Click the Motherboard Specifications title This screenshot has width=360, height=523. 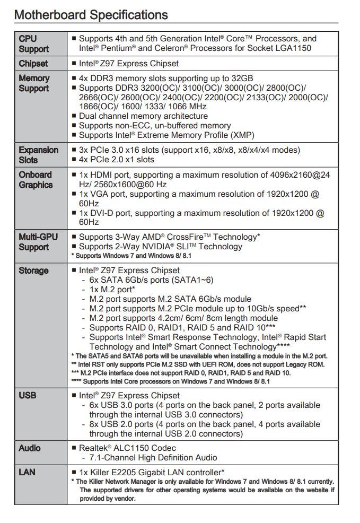coord(91,14)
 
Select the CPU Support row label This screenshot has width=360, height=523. coord(33,43)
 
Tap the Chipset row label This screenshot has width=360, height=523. coord(33,64)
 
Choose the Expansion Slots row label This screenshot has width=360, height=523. coord(38,155)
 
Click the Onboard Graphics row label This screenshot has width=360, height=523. coord(36,180)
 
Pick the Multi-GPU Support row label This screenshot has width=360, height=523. coord(38,242)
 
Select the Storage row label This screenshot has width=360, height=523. coord(33,271)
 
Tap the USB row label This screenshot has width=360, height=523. coord(27,395)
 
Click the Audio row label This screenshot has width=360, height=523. coord(30,448)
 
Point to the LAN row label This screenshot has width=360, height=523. coord(27,472)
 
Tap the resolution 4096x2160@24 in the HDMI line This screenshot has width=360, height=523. coord(298,175)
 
